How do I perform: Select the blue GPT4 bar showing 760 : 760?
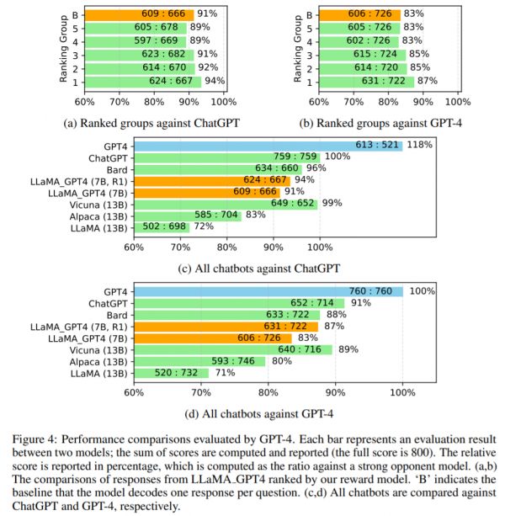[268, 291]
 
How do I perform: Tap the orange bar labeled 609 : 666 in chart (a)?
[139, 14]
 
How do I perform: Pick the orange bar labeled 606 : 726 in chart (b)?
[352, 14]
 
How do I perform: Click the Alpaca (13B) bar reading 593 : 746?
[199, 361]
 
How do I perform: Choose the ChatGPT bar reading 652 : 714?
[239, 303]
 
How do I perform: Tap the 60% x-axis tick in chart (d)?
[134, 391]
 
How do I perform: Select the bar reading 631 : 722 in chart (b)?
[359, 82]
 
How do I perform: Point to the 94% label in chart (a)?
[215, 82]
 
